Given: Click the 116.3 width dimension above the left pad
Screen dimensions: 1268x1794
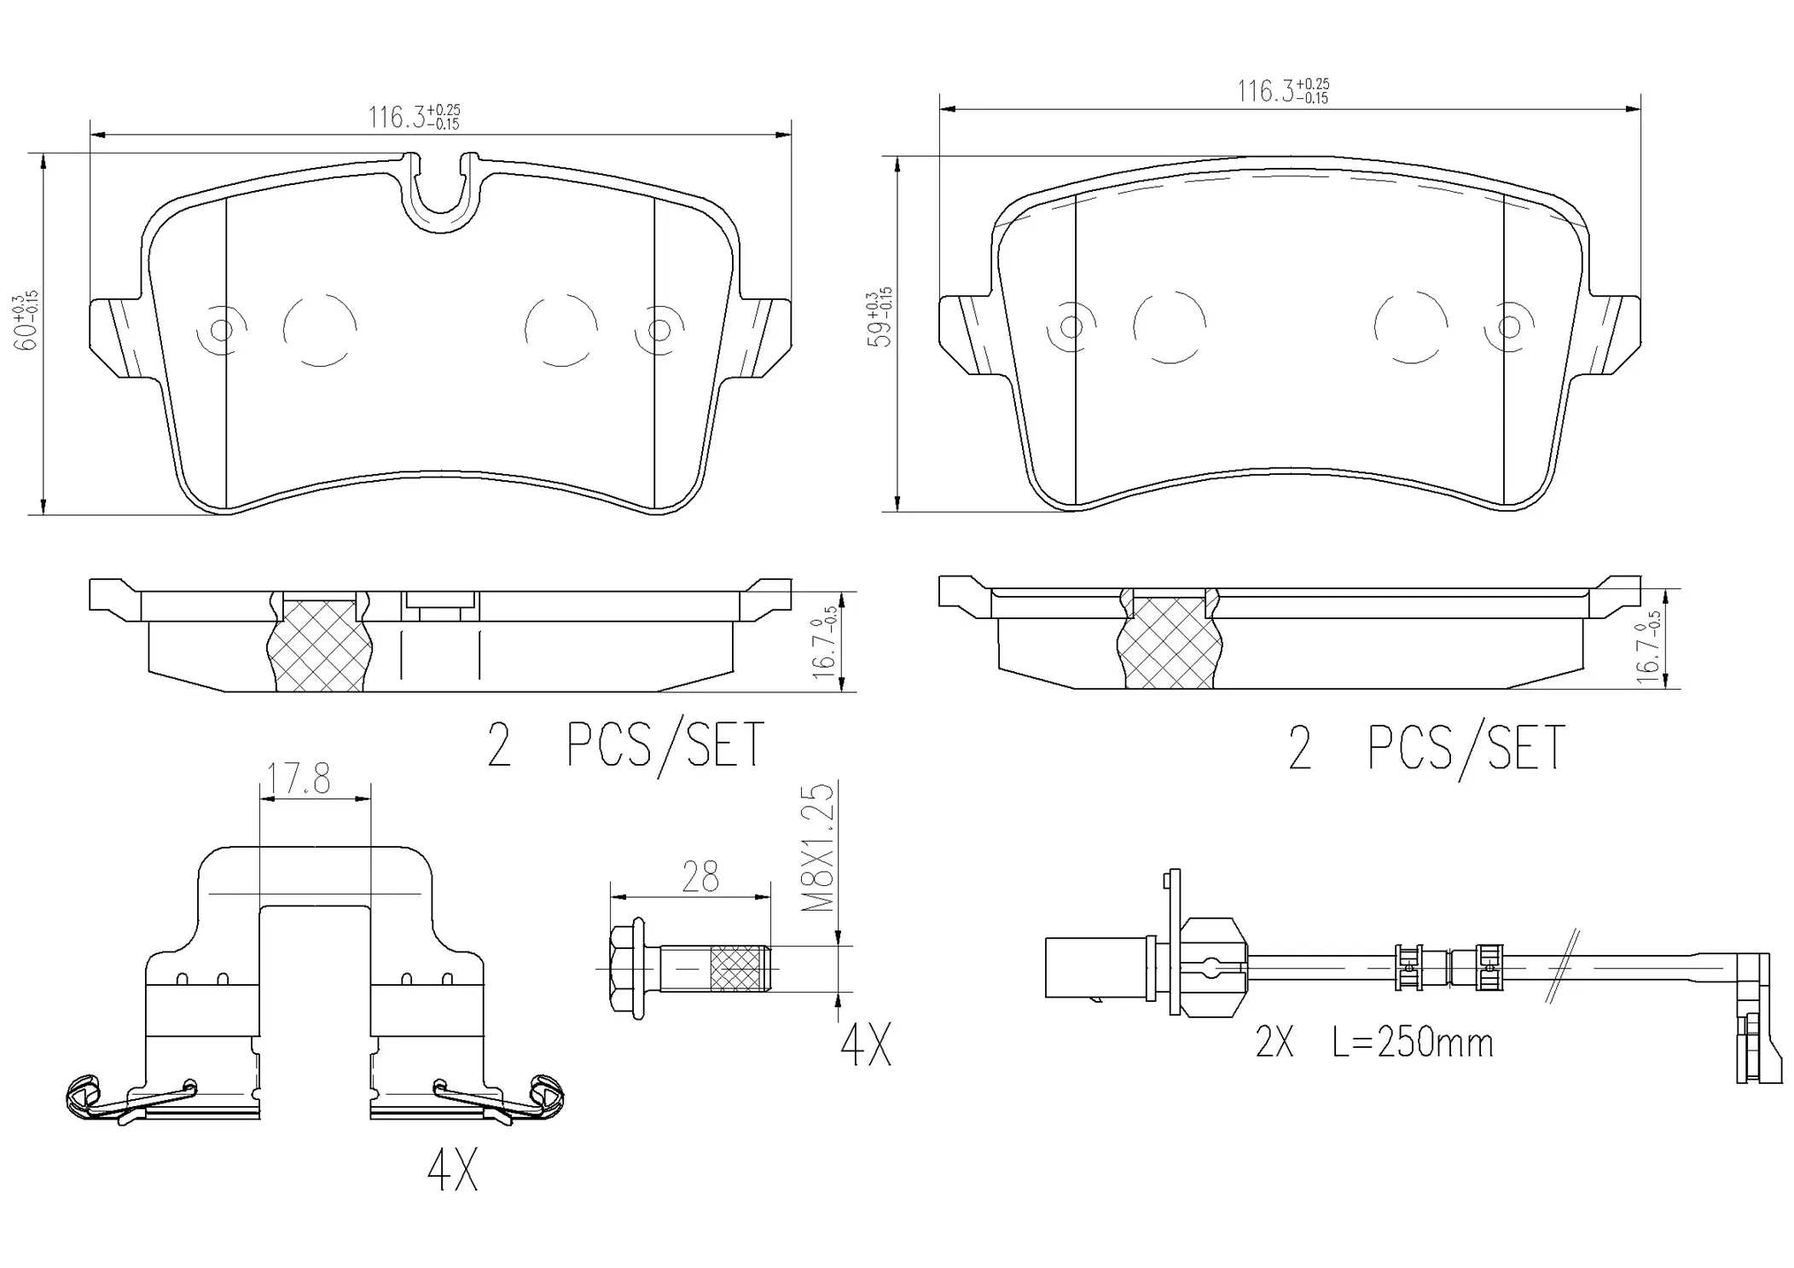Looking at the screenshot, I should [413, 117].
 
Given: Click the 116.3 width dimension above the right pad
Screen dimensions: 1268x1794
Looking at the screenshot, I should [1282, 90].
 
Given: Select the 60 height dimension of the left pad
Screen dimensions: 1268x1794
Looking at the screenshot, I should [26, 323].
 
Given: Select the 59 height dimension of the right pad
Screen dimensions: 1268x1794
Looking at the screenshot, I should [880, 318].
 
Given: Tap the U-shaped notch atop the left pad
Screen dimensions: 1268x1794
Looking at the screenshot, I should [440, 192].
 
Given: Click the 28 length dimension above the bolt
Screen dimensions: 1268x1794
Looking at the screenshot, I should [700, 877].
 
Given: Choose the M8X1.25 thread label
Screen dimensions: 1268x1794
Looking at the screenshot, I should [821, 848].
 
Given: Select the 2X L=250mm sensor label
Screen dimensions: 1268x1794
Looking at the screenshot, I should [1373, 1043].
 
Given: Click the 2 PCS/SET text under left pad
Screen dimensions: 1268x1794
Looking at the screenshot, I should [625, 745].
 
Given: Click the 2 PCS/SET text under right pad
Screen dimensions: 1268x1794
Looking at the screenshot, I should [1425, 748].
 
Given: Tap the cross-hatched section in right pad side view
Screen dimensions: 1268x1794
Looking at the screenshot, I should [1168, 643].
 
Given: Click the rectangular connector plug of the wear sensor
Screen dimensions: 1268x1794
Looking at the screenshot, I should [1095, 967].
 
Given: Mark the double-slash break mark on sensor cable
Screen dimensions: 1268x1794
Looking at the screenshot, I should [1563, 967].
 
